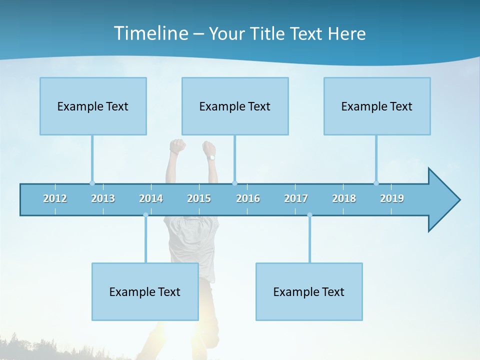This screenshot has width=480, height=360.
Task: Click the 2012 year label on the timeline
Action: pyautogui.click(x=55, y=198)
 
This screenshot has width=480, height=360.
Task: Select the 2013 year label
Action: pyautogui.click(x=103, y=198)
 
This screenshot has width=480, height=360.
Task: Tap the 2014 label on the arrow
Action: pyautogui.click(x=151, y=198)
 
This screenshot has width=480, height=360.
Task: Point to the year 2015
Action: pyautogui.click(x=199, y=198)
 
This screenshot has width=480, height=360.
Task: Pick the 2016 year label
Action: pyautogui.click(x=248, y=198)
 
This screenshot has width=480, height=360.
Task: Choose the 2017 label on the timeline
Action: pyautogui.click(x=296, y=198)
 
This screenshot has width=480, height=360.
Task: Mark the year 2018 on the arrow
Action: pyautogui.click(x=344, y=198)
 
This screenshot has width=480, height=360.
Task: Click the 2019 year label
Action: pyautogui.click(x=392, y=198)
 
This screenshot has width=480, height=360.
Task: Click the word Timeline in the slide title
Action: pyautogui.click(x=150, y=33)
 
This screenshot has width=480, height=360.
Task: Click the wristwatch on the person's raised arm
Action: pyautogui.click(x=211, y=157)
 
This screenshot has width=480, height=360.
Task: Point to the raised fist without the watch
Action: pyautogui.click(x=177, y=146)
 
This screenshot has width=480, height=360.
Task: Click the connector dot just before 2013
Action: pyautogui.click(x=92, y=183)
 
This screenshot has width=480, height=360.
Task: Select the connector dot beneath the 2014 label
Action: pyautogui.click(x=145, y=215)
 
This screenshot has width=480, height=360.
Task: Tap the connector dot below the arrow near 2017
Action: pyautogui.click(x=309, y=215)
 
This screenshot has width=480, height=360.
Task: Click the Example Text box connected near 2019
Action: pyautogui.click(x=377, y=106)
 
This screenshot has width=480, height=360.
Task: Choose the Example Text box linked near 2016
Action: pyautogui.click(x=235, y=106)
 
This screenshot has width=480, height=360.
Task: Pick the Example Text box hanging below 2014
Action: pyautogui.click(x=145, y=291)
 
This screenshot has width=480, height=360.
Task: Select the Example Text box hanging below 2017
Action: pyautogui.click(x=309, y=291)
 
